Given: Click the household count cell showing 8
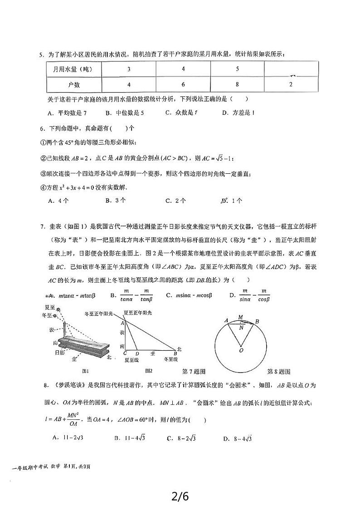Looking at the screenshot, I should (237, 84).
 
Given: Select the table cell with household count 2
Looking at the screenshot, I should (291, 84).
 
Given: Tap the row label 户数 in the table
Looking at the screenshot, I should (74, 84).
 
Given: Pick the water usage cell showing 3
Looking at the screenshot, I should (129, 69).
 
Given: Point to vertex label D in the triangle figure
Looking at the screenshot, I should (137, 353).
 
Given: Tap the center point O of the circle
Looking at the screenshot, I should (241, 350).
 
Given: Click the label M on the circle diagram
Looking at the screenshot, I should (241, 317).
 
